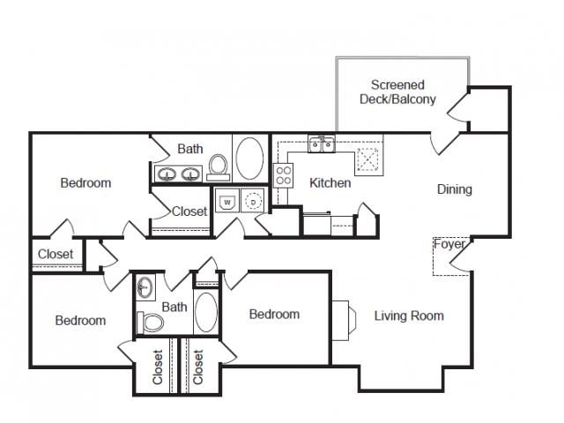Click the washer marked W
[x=226, y=201]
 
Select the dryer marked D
[x=254, y=201]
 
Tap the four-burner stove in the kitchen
[x=284, y=175]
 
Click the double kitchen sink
[x=321, y=145]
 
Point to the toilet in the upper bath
[x=219, y=165]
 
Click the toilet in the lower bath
[x=152, y=323]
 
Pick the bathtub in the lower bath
[x=206, y=312]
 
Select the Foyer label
[x=449, y=245]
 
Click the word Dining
[x=455, y=189]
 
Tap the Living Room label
[x=409, y=315]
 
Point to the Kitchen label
[x=330, y=183]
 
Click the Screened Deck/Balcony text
[x=397, y=93]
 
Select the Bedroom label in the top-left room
[x=85, y=183]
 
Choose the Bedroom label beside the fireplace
[x=273, y=314]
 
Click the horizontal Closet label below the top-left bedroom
[x=56, y=255]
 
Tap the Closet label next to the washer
[x=189, y=211]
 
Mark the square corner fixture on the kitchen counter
[x=367, y=160]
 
